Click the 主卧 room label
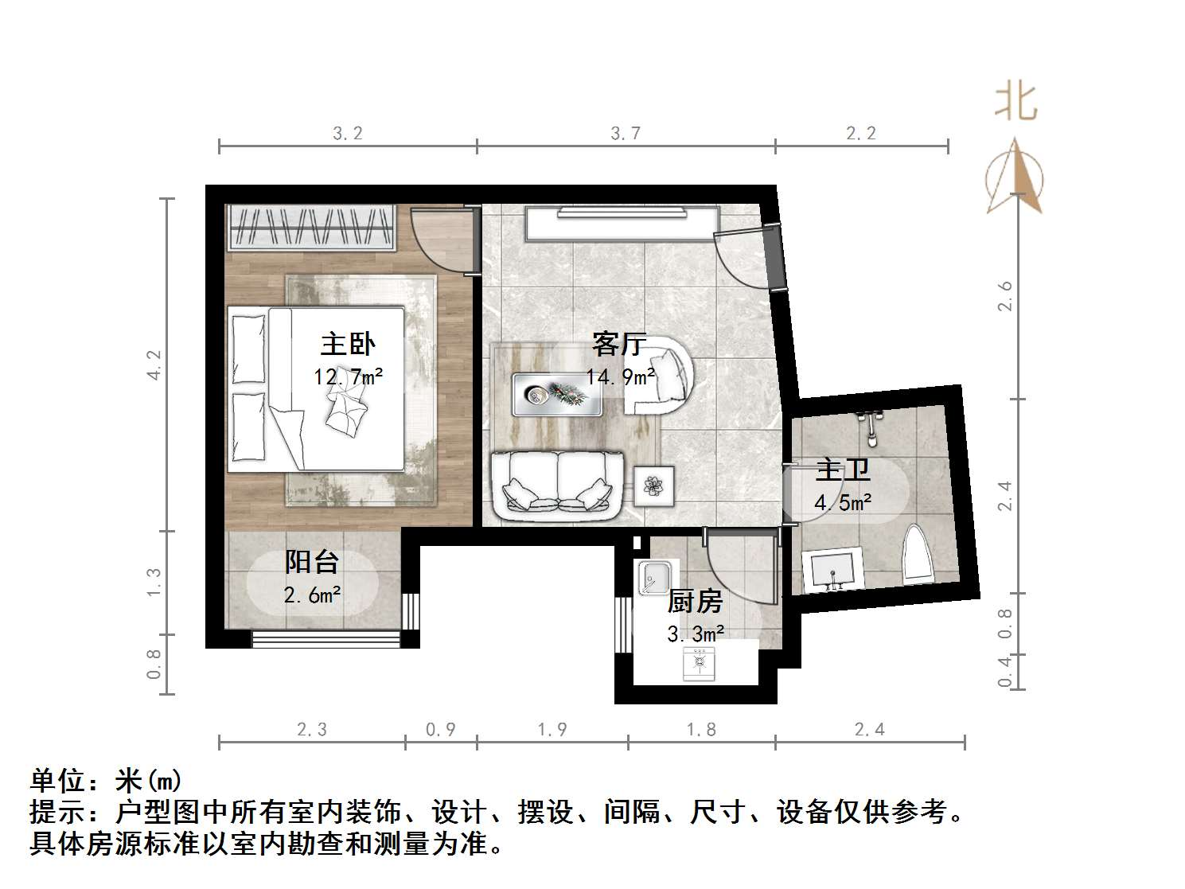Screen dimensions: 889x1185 click(348, 345)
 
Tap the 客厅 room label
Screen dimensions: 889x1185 click(618, 345)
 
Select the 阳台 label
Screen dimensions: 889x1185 click(312, 563)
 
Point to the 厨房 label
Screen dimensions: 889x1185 click(695, 602)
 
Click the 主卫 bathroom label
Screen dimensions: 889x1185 click(843, 470)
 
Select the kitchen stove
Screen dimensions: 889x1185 click(700, 663)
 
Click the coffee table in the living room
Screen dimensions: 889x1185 click(557, 394)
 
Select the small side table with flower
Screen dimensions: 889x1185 click(654, 485)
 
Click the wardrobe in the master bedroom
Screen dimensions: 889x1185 click(311, 228)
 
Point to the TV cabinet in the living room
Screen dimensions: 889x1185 click(622, 222)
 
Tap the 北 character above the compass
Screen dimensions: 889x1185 click(1015, 103)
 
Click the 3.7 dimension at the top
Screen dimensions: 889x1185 click(626, 133)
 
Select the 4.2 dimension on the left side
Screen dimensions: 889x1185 click(154, 365)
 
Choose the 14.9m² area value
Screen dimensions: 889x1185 click(621, 376)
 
